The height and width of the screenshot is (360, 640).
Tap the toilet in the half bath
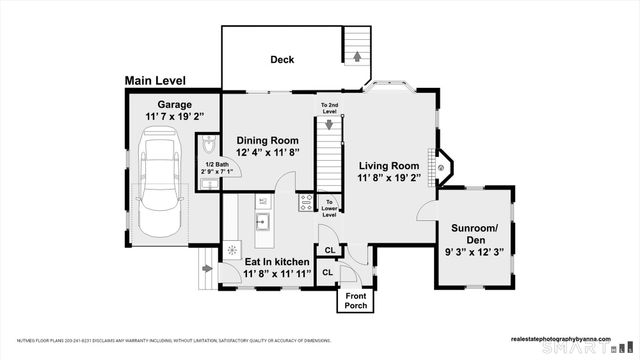[207, 144]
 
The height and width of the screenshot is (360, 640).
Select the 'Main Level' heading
[161, 80]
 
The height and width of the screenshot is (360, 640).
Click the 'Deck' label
[282, 60]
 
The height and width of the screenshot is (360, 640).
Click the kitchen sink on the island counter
[265, 220]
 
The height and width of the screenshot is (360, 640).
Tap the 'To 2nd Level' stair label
[328, 107]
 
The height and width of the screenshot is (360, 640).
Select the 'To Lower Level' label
[329, 207]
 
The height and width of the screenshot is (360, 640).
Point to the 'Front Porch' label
[357, 301]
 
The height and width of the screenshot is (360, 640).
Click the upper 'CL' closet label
[328, 250]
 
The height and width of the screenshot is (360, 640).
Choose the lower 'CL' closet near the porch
[328, 273]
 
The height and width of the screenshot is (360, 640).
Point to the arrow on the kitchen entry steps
[206, 268]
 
